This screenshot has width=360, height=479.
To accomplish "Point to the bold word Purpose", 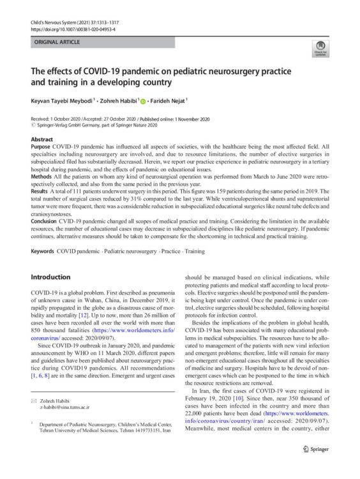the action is pos(41,146).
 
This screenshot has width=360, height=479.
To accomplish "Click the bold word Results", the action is pos(41,190).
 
